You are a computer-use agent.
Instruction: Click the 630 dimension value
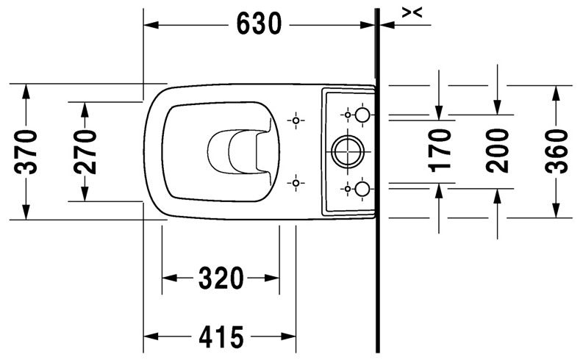(259, 24)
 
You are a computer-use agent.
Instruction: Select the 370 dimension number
(26, 152)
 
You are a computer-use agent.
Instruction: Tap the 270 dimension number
(85, 151)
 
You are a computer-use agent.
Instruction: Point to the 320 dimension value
(220, 278)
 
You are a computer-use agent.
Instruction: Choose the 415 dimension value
(220, 338)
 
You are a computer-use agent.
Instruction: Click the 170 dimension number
(439, 150)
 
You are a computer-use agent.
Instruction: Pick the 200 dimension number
(498, 150)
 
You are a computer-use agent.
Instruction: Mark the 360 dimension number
(557, 151)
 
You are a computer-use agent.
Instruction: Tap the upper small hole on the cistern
(361, 115)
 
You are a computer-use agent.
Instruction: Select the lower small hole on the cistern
(361, 189)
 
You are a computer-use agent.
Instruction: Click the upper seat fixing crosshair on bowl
(296, 120)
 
